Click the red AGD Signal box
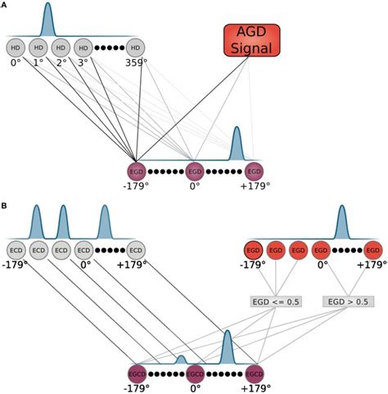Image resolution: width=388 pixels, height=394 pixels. coord(251,41)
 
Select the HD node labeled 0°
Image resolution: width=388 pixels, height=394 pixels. coord(15,48)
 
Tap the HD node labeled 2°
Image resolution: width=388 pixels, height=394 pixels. coord(60,48)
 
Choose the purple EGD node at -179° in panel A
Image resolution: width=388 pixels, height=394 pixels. coord(137,171)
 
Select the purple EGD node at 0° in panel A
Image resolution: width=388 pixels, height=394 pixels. coord(195,171)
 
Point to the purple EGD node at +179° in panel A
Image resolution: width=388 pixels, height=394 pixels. coord(255,171)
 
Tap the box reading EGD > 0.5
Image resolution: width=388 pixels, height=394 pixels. coord(349,301)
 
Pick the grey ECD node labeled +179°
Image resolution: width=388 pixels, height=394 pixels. coord(136,250)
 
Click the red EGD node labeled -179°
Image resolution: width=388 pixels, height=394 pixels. coord(253,250)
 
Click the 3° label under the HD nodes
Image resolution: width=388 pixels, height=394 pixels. coord(83,62)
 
